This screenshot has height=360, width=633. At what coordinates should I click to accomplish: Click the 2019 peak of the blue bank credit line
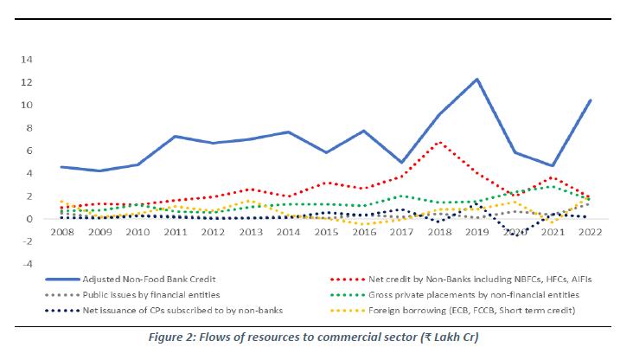(x=476, y=79)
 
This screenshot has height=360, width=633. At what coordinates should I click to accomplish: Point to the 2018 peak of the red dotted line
(x=440, y=142)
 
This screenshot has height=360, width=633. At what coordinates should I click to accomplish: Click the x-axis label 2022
(x=591, y=234)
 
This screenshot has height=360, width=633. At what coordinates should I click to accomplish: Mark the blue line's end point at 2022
(x=591, y=100)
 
